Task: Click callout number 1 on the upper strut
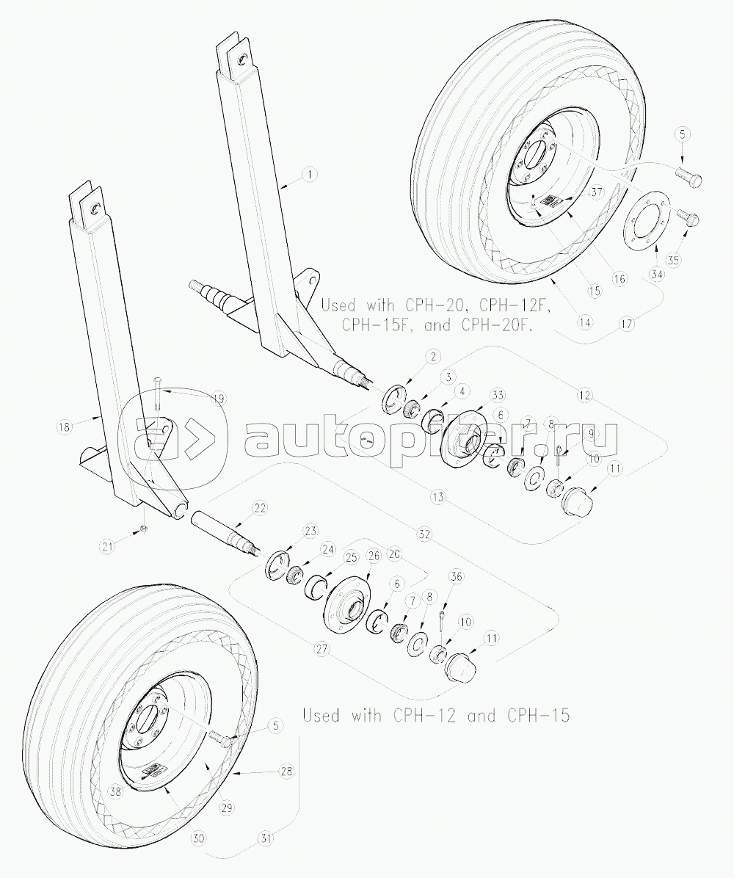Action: (x=310, y=175)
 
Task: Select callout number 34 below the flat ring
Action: (x=656, y=275)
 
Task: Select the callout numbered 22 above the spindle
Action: (x=259, y=508)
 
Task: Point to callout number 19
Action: (x=217, y=399)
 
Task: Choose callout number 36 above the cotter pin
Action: (x=457, y=578)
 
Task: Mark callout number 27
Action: (x=320, y=649)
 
